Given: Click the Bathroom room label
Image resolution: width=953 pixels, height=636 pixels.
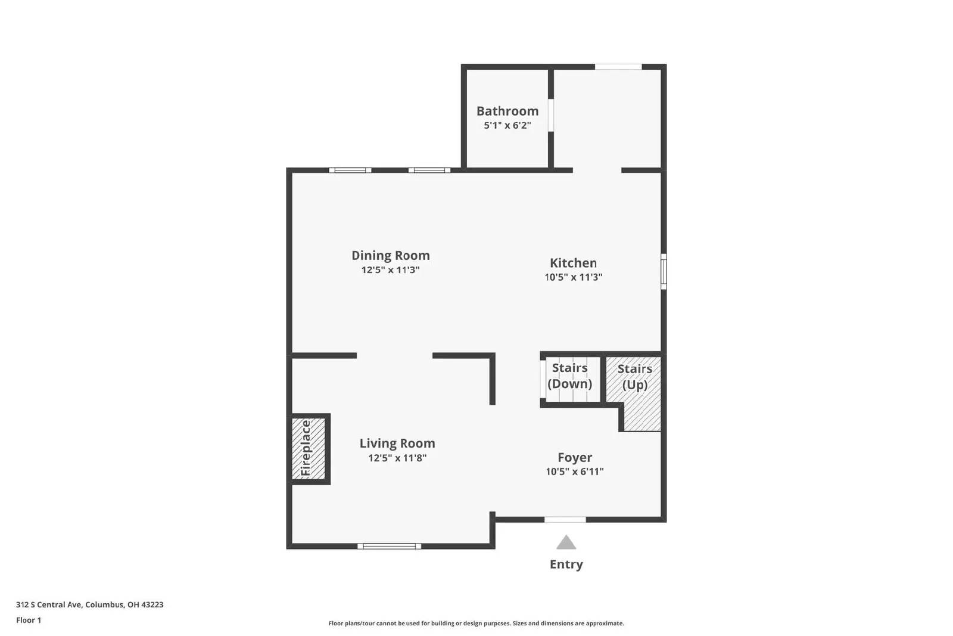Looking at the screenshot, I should pyautogui.click(x=507, y=111).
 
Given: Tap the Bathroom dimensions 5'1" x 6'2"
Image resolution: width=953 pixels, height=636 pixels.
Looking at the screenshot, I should pyautogui.click(x=507, y=126).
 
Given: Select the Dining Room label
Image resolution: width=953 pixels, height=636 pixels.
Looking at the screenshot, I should pyautogui.click(x=390, y=256).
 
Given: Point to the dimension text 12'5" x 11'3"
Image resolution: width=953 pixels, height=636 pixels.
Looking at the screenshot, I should pyautogui.click(x=390, y=270).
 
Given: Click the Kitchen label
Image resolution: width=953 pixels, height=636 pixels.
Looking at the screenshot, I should pyautogui.click(x=573, y=263).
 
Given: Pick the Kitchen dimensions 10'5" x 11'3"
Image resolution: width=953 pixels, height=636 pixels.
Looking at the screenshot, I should pyautogui.click(x=573, y=277).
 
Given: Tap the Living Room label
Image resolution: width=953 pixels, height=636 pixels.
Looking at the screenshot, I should pyautogui.click(x=397, y=443).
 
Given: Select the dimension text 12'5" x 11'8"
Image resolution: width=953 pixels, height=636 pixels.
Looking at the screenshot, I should pyautogui.click(x=397, y=458).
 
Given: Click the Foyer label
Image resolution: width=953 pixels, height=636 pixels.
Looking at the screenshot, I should pyautogui.click(x=574, y=458).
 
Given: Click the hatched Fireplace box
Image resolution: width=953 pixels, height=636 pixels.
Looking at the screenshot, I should pyautogui.click(x=309, y=449).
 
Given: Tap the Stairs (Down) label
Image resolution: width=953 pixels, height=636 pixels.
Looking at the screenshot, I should pyautogui.click(x=569, y=376).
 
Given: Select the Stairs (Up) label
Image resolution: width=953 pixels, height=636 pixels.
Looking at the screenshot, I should pyautogui.click(x=634, y=377).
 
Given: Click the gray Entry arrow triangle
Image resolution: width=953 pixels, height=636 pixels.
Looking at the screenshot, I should pyautogui.click(x=566, y=542).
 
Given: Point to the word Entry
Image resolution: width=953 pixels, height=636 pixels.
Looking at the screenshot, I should pyautogui.click(x=566, y=564).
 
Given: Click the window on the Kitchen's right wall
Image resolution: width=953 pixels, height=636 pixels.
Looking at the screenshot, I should pyautogui.click(x=664, y=272).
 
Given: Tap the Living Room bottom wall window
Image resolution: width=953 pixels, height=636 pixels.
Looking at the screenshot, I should pyautogui.click(x=389, y=546).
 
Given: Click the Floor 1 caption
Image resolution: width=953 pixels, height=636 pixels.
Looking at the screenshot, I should pyautogui.click(x=29, y=620).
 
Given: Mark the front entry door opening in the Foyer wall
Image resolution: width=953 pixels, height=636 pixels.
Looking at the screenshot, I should pyautogui.click(x=565, y=520).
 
